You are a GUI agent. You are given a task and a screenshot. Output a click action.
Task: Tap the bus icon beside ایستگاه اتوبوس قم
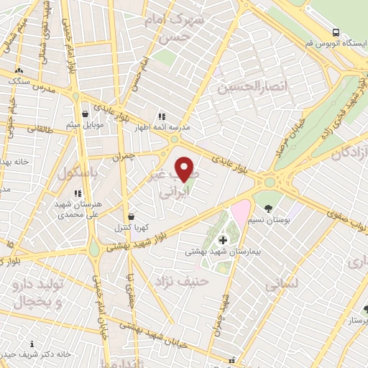pyautogui.click(x=336, y=32)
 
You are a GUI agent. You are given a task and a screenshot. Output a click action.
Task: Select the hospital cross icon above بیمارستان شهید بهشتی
pyautogui.click(x=222, y=239)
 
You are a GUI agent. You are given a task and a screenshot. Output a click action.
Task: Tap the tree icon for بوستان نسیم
pyautogui.click(x=267, y=209)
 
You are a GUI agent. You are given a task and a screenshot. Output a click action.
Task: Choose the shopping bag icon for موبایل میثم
pyautogui.click(x=85, y=114)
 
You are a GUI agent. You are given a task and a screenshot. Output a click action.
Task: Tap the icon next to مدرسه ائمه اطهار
pyautogui.click(x=162, y=116)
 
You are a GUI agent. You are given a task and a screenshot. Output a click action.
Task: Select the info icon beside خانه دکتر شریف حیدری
pyautogui.click(x=32, y=344)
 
